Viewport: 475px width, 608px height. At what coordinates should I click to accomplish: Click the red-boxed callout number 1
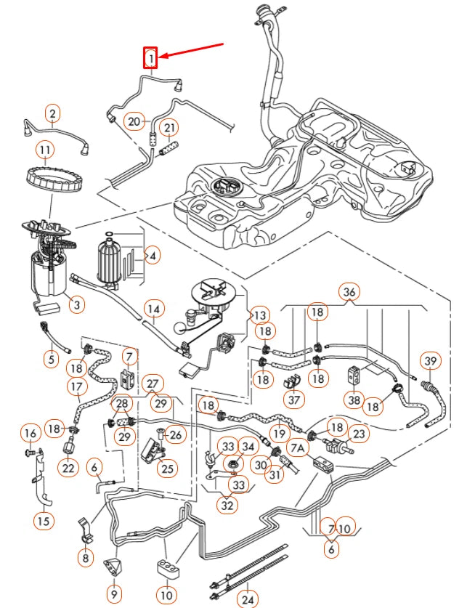[150, 57]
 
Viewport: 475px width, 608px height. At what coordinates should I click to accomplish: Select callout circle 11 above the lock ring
[46, 150]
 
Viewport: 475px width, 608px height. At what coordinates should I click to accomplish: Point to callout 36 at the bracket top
[350, 292]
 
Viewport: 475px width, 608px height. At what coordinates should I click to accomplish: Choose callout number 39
[431, 362]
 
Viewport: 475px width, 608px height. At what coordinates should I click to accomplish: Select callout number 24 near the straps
[249, 599]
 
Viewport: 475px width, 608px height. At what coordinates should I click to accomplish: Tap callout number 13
[259, 315]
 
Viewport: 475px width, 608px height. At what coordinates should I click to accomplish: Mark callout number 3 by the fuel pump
[76, 305]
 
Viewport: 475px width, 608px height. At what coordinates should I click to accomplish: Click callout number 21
[169, 129]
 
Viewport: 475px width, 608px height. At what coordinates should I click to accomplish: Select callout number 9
[114, 593]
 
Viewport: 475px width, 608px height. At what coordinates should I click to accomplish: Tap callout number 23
[359, 434]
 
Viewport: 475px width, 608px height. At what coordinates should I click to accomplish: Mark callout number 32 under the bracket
[228, 505]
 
